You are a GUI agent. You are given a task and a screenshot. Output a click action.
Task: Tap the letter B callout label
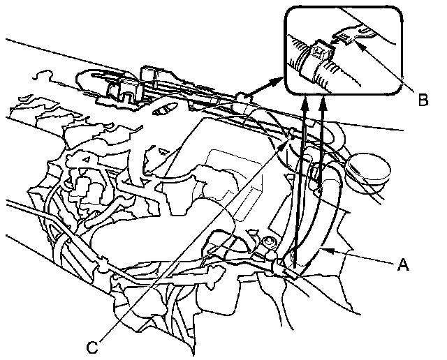click(x=423, y=100)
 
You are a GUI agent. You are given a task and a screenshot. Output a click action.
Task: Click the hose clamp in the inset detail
click(x=312, y=60)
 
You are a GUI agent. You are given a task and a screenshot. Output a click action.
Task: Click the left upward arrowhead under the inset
click(x=306, y=100)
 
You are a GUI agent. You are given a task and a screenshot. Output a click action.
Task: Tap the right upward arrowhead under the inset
click(x=323, y=100)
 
